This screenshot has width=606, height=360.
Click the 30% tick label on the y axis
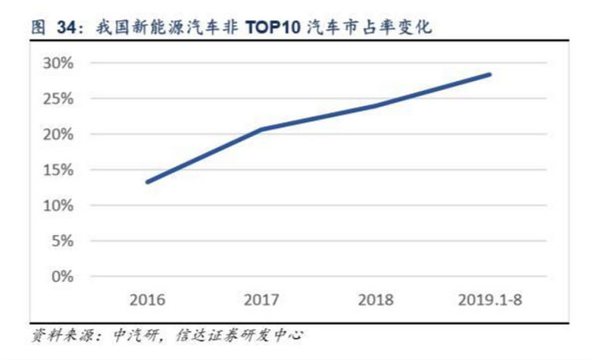pos(58,63)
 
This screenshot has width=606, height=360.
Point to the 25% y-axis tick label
pos(58,99)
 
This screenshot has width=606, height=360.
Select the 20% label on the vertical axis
pos(58,134)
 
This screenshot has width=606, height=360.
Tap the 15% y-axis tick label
pos(58,170)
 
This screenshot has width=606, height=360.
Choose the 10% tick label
pos(58,205)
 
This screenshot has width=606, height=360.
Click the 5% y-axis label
pos(61,241)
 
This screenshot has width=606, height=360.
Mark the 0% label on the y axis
pos(61,277)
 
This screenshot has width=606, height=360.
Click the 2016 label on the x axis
pos(147,299)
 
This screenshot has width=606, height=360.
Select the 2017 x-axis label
pos(261,299)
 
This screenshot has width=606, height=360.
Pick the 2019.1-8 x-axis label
pos(491,299)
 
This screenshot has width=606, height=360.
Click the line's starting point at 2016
pos(147,182)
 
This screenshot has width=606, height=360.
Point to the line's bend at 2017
pos(261,130)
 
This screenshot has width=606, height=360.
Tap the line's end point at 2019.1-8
pos(490,74)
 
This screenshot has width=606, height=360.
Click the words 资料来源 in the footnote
pos(57,334)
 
